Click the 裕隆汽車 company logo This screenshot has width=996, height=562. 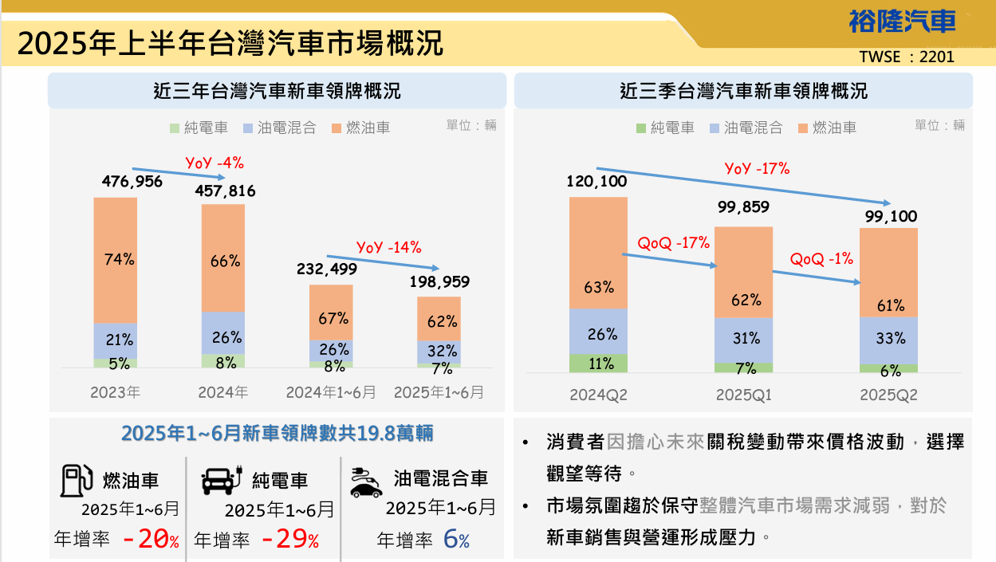click(x=902, y=21)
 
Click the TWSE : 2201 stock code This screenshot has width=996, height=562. click(x=907, y=57)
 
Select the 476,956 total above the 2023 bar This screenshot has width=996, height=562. click(x=132, y=182)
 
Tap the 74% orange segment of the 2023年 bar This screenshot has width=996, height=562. click(x=116, y=259)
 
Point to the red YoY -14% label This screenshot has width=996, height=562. click(x=388, y=247)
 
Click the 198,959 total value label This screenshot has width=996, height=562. click(x=439, y=281)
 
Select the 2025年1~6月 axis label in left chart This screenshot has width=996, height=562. click(x=439, y=392)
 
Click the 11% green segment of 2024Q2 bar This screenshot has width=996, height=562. click(x=598, y=364)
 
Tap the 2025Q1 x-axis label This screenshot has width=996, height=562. click(x=743, y=395)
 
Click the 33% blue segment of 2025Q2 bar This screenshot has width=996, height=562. click(x=888, y=339)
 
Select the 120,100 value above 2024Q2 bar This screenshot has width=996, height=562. click(x=597, y=181)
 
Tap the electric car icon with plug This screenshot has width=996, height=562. click(x=221, y=480)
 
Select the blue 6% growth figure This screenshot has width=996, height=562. click(x=455, y=540)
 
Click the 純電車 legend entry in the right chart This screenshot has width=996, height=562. click(x=665, y=128)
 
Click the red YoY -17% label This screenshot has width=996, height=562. click(x=757, y=168)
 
